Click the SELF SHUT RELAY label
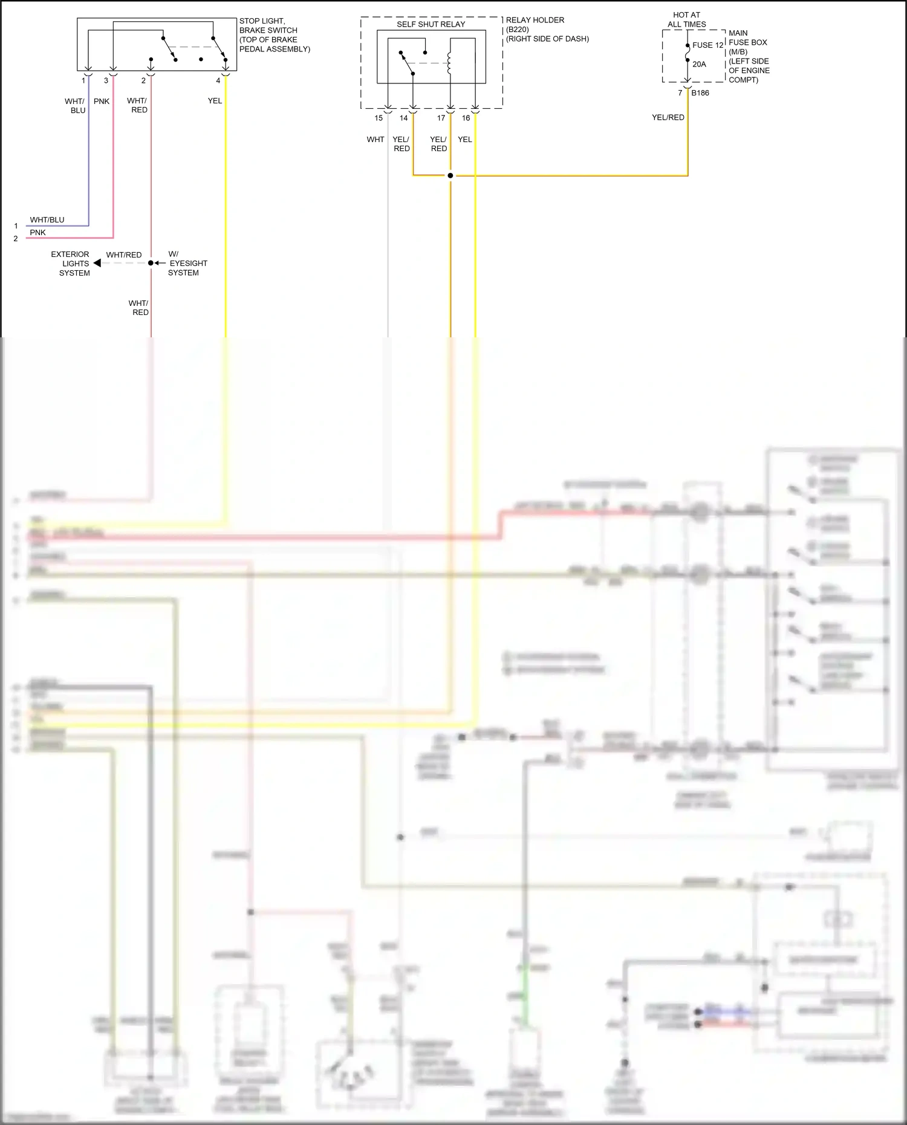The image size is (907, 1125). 431,24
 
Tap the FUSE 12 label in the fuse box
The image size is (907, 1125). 707,45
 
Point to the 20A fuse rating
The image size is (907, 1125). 699,64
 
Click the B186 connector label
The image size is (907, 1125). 700,93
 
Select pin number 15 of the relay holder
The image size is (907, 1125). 379,118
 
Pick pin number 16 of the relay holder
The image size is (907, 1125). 466,118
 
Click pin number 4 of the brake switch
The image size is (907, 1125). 218,81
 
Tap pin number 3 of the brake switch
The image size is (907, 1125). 106,81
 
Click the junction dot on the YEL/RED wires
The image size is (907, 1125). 450,176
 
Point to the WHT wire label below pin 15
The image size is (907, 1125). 375,140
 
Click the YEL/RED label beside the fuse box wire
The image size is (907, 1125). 668,118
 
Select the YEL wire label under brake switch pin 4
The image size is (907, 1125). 215,101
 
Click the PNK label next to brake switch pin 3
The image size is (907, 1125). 102,102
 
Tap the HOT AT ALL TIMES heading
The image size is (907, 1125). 686,20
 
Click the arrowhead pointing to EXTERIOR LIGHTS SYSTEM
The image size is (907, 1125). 97,264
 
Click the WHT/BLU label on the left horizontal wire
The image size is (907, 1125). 47,220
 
